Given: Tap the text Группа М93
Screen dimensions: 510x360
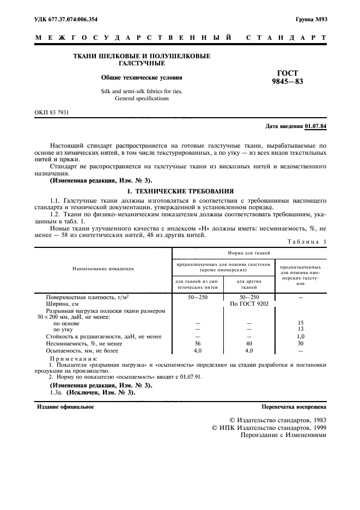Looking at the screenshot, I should [311, 20].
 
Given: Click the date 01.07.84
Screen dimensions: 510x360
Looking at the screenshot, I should [316, 126].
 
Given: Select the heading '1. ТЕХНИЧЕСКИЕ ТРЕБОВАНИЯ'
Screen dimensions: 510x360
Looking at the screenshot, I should [180, 192].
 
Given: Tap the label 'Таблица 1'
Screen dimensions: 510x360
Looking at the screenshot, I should [308, 241].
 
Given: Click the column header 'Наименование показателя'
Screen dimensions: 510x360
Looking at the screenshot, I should [103, 269].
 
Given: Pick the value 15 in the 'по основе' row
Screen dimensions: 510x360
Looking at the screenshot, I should [300, 323].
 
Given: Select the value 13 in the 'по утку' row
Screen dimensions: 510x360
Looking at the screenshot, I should [300, 330].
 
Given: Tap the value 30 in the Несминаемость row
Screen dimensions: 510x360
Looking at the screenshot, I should [300, 344].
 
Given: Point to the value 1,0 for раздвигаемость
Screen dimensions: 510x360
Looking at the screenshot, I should [300, 337].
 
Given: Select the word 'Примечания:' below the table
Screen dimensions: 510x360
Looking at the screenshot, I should [74, 360].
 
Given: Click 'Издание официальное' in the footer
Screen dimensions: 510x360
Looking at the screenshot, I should [65, 406].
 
